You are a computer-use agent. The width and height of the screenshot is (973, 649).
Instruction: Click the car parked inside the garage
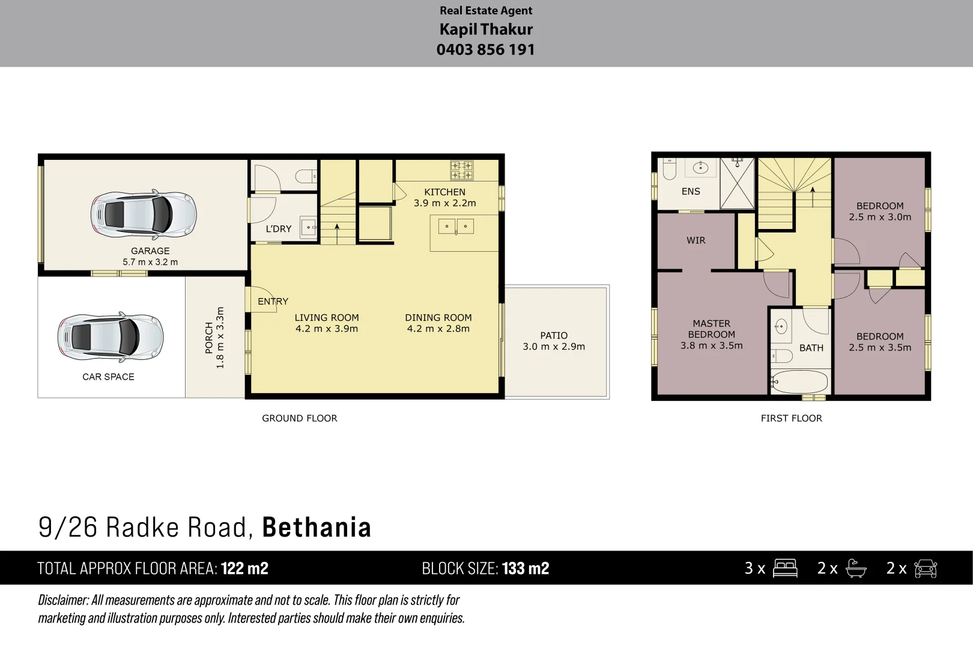(x=144, y=214)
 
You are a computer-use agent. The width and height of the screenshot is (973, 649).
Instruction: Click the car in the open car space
(x=111, y=337)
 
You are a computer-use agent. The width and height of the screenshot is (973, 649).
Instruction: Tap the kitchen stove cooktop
(x=462, y=170)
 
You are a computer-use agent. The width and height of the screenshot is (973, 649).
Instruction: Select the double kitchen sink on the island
(x=456, y=227)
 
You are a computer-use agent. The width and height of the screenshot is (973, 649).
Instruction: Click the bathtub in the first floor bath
(x=799, y=382)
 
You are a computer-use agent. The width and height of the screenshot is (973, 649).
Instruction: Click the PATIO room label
(x=553, y=335)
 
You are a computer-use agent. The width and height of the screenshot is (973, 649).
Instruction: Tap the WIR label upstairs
(x=696, y=240)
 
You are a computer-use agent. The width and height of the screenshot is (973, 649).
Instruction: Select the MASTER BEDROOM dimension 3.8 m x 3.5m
(x=711, y=346)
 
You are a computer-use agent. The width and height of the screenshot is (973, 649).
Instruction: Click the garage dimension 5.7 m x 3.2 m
(x=150, y=262)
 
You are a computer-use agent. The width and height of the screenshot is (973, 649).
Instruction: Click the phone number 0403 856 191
(x=485, y=50)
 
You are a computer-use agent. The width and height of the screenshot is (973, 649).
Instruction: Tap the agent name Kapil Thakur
(x=486, y=29)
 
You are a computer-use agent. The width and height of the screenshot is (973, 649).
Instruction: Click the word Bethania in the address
(x=317, y=528)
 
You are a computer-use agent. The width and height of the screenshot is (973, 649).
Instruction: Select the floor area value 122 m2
(x=244, y=568)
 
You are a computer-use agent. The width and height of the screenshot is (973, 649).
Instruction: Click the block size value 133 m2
(x=526, y=568)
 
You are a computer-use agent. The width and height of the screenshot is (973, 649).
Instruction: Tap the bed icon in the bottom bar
(x=785, y=568)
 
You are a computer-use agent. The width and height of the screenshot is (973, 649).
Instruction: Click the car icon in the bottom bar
(x=925, y=568)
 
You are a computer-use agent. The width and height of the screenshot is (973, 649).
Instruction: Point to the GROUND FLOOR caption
(x=299, y=418)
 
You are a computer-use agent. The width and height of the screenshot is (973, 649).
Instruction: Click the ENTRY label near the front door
(x=273, y=302)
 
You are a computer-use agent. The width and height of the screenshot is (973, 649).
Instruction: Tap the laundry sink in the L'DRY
(x=308, y=228)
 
